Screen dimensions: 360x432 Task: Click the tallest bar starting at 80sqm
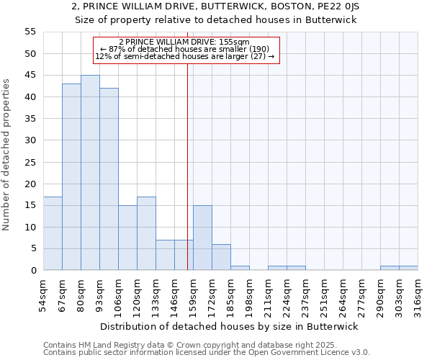tap(90, 173)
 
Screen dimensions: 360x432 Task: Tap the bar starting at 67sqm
tap(71, 177)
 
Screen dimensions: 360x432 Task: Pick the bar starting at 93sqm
tap(109, 179)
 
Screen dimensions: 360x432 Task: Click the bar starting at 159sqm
tap(202, 238)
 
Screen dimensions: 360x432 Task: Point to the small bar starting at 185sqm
tap(240, 268)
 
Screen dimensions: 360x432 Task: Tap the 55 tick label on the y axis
tap(30, 32)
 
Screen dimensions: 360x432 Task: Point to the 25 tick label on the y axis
tap(30, 162)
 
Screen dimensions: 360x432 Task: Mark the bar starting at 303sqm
tap(408, 268)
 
